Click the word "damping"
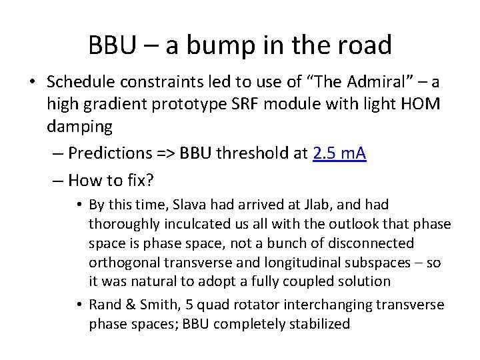pos(79,127)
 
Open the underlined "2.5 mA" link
pos(339,153)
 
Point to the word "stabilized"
pos(317,325)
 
